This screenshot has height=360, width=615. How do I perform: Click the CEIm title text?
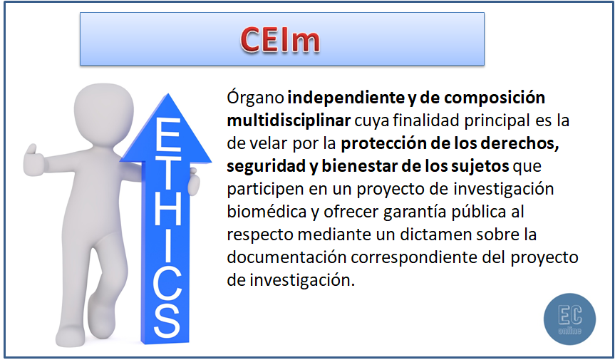pyautogui.click(x=279, y=40)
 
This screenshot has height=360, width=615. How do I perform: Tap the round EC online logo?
pyautogui.click(x=569, y=319)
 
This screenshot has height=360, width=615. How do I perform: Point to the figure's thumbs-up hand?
pyautogui.click(x=32, y=153)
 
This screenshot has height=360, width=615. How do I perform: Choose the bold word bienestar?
pyautogui.click(x=363, y=167)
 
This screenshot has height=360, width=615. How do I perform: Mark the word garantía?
pyautogui.click(x=414, y=212)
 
